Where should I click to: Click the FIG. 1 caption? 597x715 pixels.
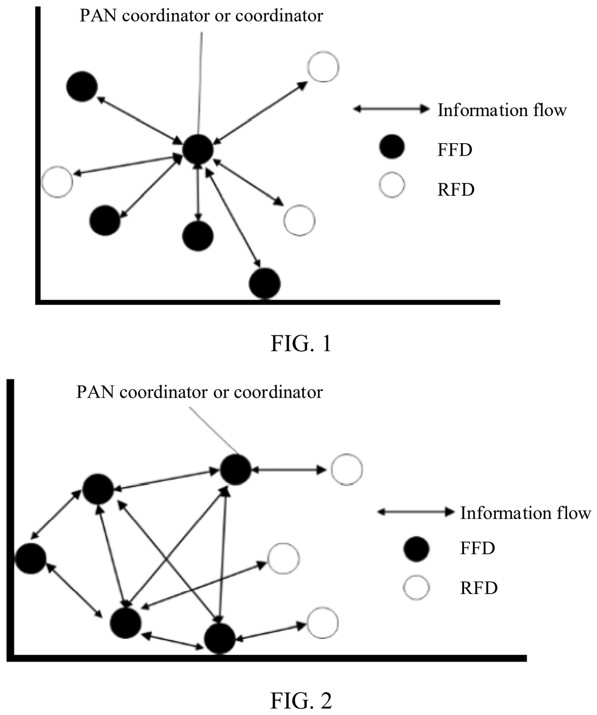coord(301,344)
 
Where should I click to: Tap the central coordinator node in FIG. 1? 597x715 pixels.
coord(198,150)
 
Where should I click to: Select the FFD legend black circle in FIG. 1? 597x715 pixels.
coord(392,147)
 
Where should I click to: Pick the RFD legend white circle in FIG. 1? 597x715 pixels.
coord(392,185)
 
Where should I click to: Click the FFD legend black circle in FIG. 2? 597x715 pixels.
coord(416,549)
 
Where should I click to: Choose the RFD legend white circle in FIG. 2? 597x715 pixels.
coord(416,588)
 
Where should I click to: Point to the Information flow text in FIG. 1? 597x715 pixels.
coord(502,110)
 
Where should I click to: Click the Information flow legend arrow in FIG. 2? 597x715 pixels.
coord(415,512)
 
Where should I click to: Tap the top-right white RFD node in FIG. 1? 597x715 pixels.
coord(323,67)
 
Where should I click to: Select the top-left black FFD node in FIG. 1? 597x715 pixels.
coord(82,87)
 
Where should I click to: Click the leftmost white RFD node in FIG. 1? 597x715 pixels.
coord(57,182)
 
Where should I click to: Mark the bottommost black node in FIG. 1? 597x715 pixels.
coord(265,283)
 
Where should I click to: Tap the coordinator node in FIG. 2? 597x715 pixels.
coord(235,470)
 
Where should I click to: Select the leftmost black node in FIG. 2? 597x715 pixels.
coord(31,558)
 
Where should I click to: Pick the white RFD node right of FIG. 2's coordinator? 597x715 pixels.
coord(347,470)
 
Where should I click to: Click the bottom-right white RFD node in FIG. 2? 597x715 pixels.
coord(323,623)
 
